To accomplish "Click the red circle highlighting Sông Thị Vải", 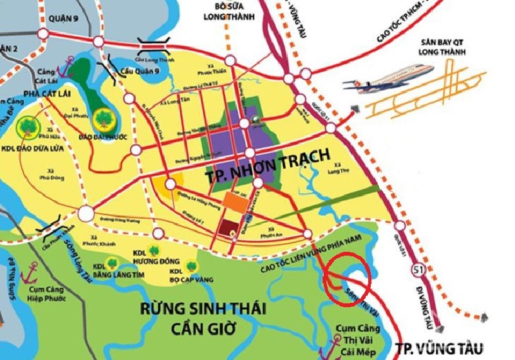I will click(x=348, y=278).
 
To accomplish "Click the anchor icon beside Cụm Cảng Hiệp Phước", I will click(x=28, y=277).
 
